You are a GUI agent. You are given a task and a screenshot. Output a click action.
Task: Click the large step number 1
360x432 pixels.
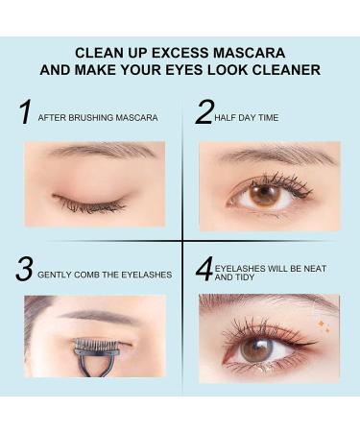[25, 112]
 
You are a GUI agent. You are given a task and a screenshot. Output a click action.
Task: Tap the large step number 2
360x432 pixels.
[204, 112]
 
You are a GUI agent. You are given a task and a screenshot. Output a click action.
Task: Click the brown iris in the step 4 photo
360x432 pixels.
[254, 349]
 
